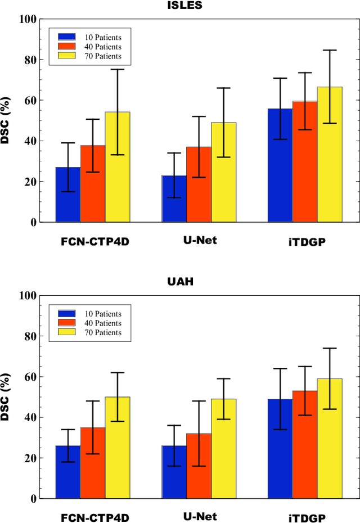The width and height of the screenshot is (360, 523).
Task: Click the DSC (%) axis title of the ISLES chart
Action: (7, 121)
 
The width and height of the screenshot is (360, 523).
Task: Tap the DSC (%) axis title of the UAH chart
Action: (7, 397)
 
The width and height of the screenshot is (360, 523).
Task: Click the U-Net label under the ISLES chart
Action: (200, 240)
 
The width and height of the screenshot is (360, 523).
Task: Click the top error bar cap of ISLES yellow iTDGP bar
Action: (330, 50)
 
